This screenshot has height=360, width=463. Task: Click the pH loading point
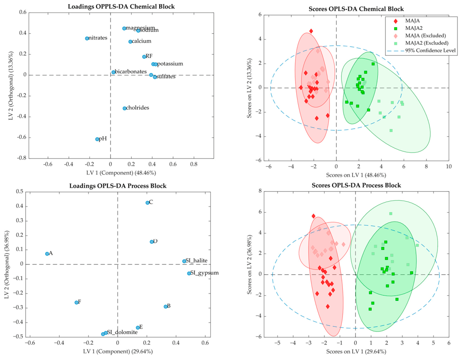coord(97,139)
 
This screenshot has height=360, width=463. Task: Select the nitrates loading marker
coord(87,38)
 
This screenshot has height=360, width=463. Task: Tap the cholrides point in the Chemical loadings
coord(124,108)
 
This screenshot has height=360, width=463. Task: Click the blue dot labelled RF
coord(144,57)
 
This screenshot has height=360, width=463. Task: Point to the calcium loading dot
coord(130,41)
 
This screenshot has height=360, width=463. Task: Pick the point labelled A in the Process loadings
coord(47,254)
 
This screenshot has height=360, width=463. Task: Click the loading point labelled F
coord(76,302)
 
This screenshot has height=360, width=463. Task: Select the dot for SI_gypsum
coord(189,273)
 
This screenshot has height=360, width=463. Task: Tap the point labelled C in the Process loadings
coord(147,203)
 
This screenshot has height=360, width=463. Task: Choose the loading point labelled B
coord(165,307)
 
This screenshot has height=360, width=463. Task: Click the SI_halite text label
coord(196,261)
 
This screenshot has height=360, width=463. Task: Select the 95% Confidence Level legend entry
coord(421,51)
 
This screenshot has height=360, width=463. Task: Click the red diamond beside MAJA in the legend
coord(396,21)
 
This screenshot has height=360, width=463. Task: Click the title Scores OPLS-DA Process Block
coord(356,185)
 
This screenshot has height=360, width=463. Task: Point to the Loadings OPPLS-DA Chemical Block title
coord(121,7)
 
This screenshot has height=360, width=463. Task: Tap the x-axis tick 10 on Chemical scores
coord(448,166)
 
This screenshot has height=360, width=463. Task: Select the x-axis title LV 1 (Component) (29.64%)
coord(118,351)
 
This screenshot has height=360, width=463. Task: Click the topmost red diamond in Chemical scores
coord(311,31)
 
